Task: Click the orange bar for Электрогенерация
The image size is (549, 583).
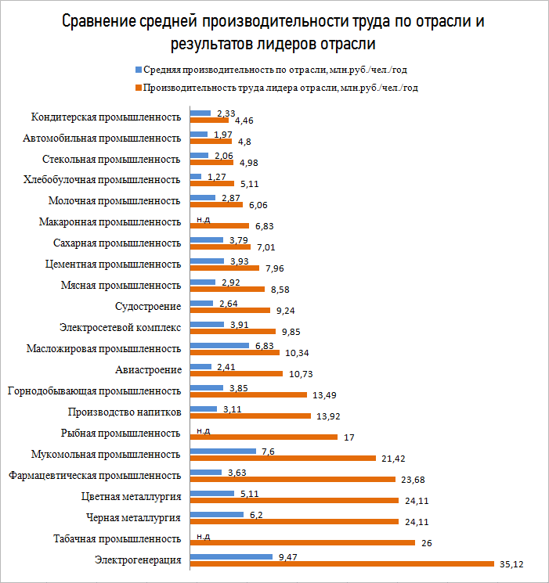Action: coord(342,563)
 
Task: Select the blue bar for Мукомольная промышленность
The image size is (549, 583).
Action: coord(223,451)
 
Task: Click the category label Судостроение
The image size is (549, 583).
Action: coord(147,306)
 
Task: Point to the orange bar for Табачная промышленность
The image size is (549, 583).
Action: coord(302,542)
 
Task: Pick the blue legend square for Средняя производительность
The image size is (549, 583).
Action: coord(139,69)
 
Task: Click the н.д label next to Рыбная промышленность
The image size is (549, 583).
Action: coord(203,430)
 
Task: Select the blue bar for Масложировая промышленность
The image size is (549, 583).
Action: coord(220,345)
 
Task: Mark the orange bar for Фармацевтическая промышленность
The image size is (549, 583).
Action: coord(293,479)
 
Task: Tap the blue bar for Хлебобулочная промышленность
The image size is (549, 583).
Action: coord(196,176)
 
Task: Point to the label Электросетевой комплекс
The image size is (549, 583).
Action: coord(121,327)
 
